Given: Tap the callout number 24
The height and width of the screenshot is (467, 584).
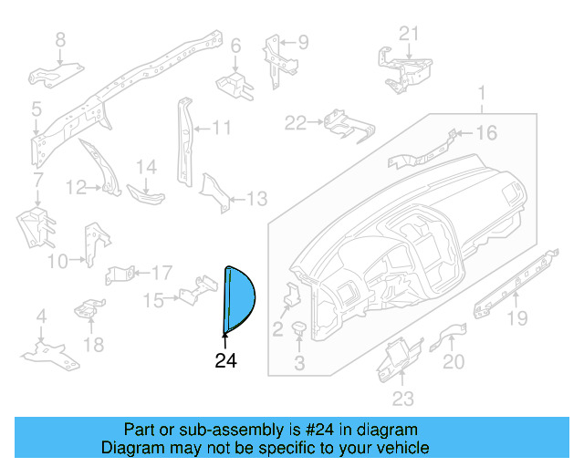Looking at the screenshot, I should point(225,361).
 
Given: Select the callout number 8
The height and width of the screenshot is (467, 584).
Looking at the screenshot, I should point(60,39).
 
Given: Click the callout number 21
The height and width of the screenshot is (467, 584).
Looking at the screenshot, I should point(410,34).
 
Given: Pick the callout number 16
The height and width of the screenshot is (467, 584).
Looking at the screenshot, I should point(486,133).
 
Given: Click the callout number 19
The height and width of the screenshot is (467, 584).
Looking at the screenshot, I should point(517,318).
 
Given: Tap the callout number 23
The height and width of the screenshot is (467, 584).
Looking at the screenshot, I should point(402,398).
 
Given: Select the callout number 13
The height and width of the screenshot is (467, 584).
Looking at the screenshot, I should point(257,199).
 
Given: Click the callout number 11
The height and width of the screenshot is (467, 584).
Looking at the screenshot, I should point(223,128).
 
